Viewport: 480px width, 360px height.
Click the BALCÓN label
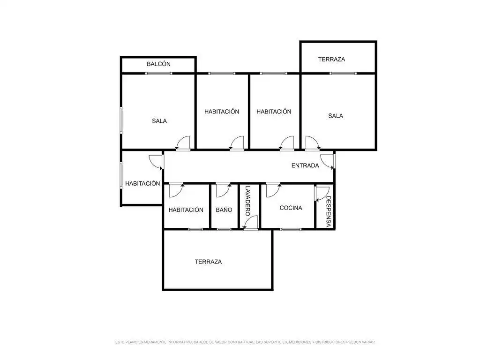pyautogui.click(x=158, y=64)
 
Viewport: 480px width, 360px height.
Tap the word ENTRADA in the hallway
pyautogui.click(x=305, y=165)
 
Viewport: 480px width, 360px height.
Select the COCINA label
pyautogui.click(x=291, y=208)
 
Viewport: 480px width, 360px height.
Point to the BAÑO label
pyautogui.click(x=224, y=210)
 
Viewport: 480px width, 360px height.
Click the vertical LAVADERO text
pyautogui.click(x=247, y=201)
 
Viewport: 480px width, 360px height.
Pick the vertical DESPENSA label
pyautogui.click(x=328, y=211)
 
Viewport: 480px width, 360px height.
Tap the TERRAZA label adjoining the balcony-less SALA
pyautogui.click(x=331, y=60)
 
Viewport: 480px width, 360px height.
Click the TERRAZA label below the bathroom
pyautogui.click(x=208, y=262)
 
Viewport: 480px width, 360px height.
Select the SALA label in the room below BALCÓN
pyautogui.click(x=159, y=121)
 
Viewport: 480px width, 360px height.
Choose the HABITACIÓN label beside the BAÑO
pyautogui.click(x=186, y=210)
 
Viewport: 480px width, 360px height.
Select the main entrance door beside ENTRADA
pyautogui.click(x=328, y=161)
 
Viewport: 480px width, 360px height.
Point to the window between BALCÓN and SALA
pyautogui.click(x=158, y=74)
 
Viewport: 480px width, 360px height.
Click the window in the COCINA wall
pyautogui.click(x=291, y=229)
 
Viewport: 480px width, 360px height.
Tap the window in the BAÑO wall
pyautogui.click(x=224, y=229)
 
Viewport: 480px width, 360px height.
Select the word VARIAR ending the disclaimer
pyautogui.click(x=368, y=342)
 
